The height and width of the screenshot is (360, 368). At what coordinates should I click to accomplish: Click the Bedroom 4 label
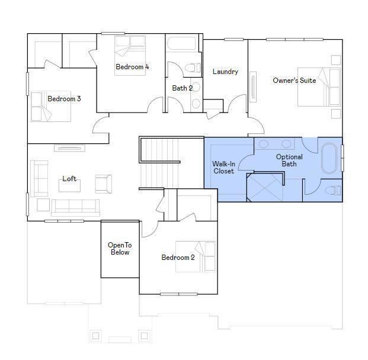click(132, 67)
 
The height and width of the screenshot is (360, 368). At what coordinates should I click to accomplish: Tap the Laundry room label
click(225, 72)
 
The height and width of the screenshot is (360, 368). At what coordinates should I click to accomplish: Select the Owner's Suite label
click(295, 81)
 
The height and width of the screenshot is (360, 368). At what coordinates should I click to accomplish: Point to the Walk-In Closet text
click(223, 168)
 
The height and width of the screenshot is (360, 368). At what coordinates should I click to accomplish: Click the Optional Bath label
click(289, 160)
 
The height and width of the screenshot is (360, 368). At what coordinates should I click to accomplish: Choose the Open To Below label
click(120, 249)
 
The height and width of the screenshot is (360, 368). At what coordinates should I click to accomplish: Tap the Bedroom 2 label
click(178, 258)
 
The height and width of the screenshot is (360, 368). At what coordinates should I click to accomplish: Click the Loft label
click(69, 179)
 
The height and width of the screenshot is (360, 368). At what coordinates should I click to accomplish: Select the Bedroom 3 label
click(64, 99)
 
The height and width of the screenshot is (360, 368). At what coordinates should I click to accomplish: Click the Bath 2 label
click(183, 88)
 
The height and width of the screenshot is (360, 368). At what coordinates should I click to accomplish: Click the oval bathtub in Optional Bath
click(329, 158)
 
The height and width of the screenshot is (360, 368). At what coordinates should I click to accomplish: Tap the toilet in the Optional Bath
click(333, 191)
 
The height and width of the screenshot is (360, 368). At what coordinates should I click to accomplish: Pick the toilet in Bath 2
click(193, 68)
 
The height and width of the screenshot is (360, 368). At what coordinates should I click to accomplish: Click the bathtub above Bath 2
click(182, 43)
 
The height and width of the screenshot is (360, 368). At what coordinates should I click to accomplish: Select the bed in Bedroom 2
click(196, 257)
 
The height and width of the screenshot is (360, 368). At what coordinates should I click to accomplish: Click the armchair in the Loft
click(103, 184)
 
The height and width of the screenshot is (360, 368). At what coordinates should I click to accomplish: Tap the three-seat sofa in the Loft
click(75, 208)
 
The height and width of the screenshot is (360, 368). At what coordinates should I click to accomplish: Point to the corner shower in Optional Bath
click(265, 187)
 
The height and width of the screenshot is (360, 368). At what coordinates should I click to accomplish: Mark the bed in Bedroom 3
click(51, 106)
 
